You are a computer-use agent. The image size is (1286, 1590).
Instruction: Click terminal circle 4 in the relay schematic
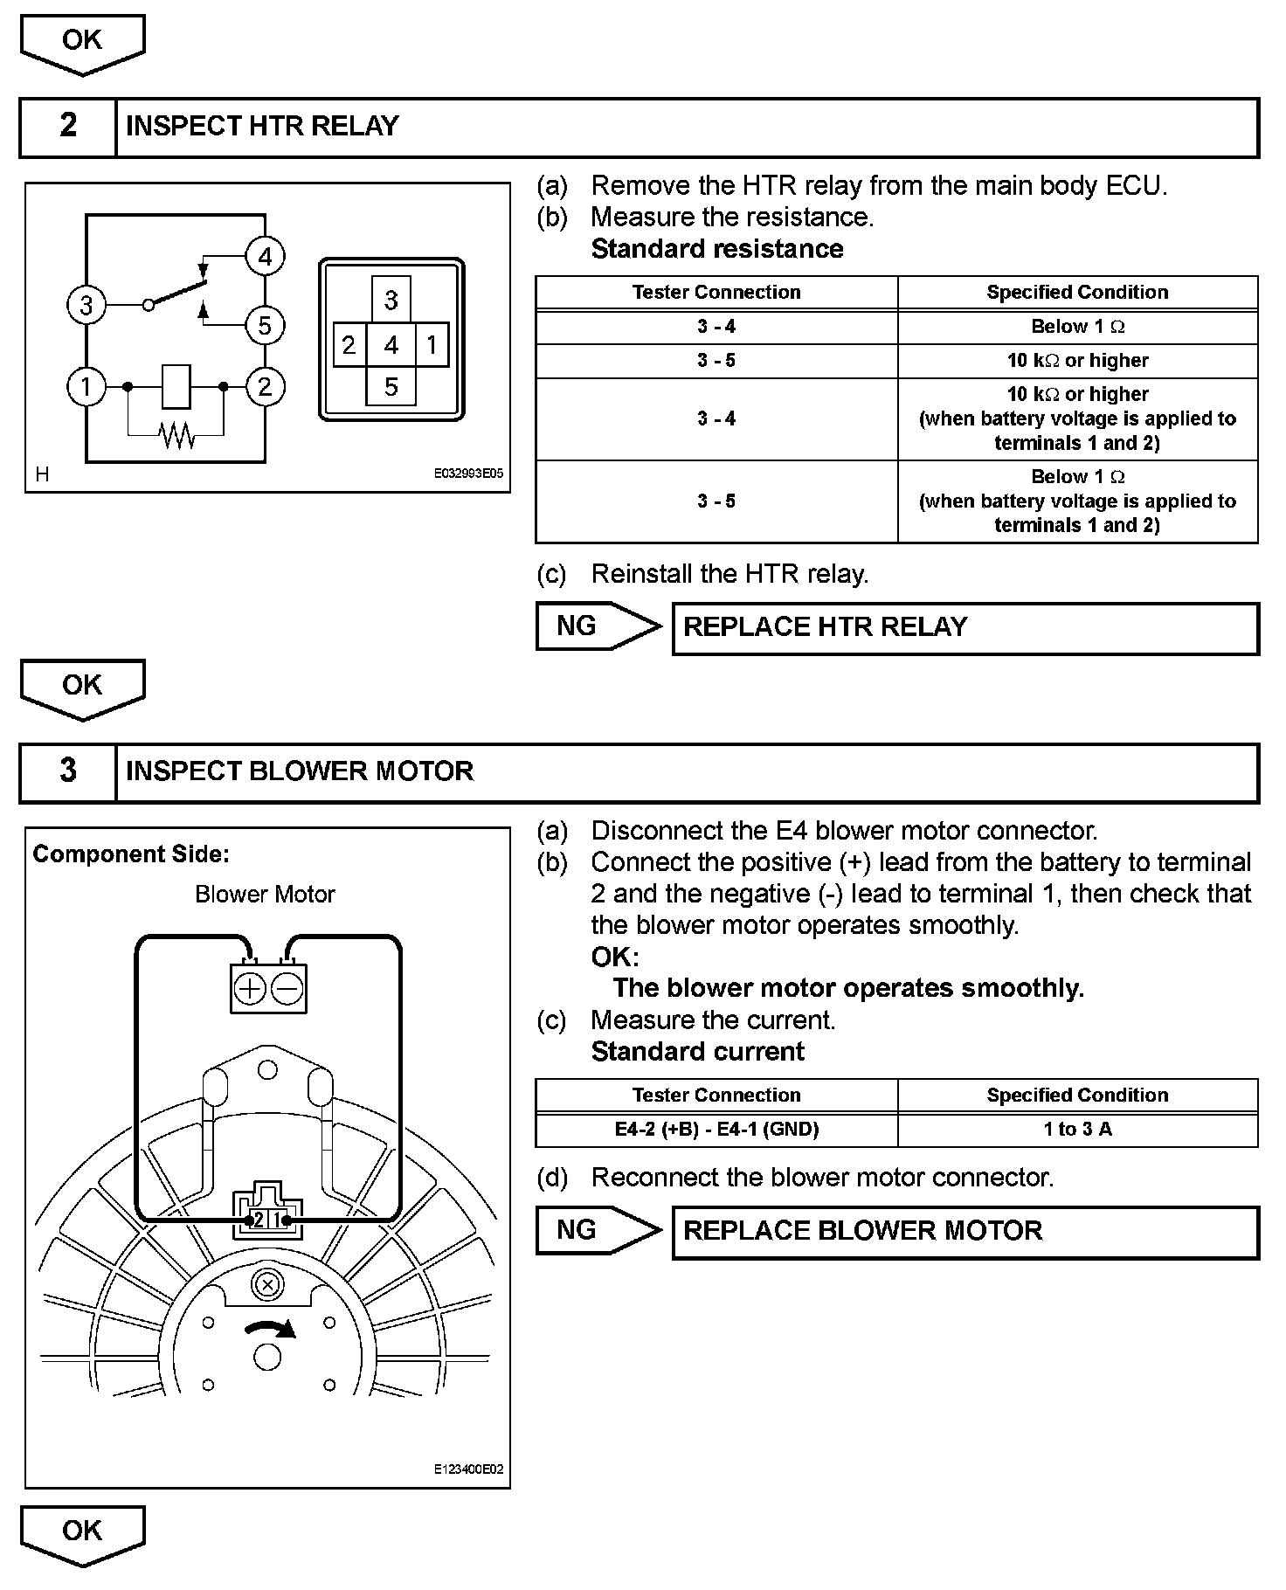[x=265, y=256]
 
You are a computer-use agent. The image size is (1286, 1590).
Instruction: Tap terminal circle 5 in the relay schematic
[x=265, y=326]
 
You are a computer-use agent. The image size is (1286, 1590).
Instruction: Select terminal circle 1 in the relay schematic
[x=86, y=386]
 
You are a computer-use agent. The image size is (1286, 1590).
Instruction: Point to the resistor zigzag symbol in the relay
[x=176, y=434]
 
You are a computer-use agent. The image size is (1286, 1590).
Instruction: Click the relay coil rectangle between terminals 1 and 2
[x=176, y=386]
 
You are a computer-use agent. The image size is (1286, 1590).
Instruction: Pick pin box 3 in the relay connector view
[x=391, y=300]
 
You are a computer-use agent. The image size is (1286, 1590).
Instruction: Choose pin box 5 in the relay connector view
[x=391, y=386]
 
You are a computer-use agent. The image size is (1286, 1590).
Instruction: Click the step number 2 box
[x=68, y=126]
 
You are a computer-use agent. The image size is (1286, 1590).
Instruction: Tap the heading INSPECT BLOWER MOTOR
[x=300, y=771]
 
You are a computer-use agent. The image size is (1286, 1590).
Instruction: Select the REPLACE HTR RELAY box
[x=964, y=627]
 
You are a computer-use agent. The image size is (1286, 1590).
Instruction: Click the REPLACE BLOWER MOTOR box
[x=964, y=1231]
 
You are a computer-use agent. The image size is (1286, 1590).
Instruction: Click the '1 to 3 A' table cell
[x=1077, y=1129]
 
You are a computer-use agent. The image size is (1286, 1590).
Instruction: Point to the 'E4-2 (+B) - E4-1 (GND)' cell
[x=716, y=1129]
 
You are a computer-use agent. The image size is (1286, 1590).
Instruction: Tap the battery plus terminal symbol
[x=250, y=989]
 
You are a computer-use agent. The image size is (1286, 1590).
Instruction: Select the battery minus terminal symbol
[x=287, y=989]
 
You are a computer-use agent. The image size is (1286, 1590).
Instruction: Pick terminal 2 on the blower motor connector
[x=258, y=1220]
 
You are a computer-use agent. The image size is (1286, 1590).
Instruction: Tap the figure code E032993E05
[x=468, y=474]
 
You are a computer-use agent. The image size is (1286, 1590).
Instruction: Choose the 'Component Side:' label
[x=131, y=854]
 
